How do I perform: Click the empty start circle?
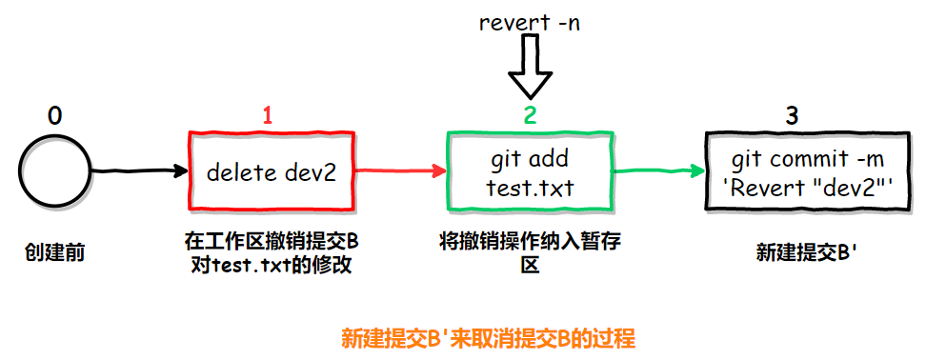(x=55, y=172)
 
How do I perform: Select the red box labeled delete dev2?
(x=272, y=172)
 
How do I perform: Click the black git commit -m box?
(x=797, y=172)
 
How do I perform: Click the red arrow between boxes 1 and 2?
(x=400, y=171)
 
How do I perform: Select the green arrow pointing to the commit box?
(x=657, y=171)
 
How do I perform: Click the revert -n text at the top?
(x=530, y=22)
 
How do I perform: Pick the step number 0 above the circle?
(x=55, y=116)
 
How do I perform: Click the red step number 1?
(x=268, y=116)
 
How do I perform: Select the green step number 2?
(x=531, y=116)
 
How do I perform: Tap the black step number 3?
(x=793, y=116)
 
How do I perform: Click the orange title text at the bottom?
(x=487, y=338)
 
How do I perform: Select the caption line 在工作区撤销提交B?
(x=272, y=240)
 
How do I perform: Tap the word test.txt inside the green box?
(x=530, y=187)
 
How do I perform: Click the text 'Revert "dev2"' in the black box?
(x=798, y=187)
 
